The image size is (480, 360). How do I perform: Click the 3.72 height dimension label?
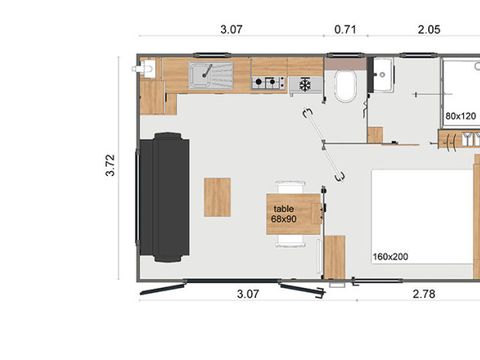point(110,165)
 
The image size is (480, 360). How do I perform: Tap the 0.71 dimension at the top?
point(345,29)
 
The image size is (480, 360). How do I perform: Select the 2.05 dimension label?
point(429,29)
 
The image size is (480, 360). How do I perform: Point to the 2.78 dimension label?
point(424,294)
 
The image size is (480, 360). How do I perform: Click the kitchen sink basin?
point(211,76)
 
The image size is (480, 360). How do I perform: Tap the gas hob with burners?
point(269,82)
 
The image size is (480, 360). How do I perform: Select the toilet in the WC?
point(345,86)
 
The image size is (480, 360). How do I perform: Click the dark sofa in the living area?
point(164,197)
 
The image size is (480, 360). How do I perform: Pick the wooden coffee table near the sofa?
point(217,197)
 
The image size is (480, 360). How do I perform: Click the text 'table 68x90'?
point(284,214)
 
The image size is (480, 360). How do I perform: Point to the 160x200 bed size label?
point(390,257)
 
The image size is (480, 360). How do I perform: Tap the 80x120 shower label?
point(461,116)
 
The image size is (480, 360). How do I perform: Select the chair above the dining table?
point(291,187)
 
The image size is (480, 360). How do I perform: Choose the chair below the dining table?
point(291,241)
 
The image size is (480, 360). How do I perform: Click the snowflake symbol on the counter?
point(305,84)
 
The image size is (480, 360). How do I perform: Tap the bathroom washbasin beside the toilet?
point(383,74)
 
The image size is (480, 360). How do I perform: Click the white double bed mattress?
point(422,217)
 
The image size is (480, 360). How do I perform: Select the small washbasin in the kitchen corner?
point(147,69)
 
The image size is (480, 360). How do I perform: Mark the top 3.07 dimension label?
point(231,29)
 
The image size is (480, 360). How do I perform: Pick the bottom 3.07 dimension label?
point(248,294)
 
